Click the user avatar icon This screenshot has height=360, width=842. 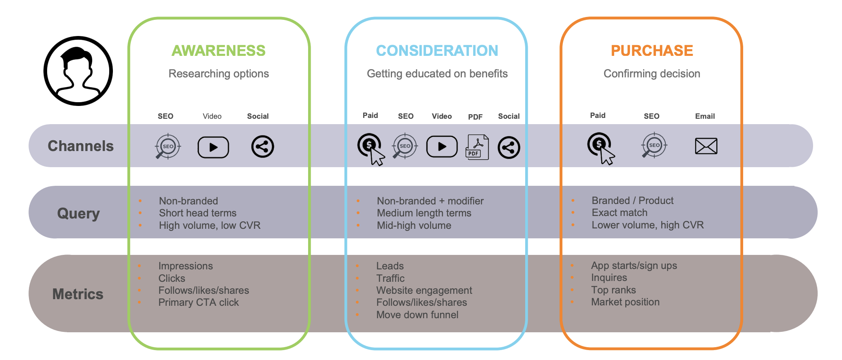coord(78,71)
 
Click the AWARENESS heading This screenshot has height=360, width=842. coord(218,50)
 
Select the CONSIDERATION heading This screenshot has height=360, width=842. coord(437,50)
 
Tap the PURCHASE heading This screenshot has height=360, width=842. coord(652,50)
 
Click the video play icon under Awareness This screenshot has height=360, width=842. coord(213,147)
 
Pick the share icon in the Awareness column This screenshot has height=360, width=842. coord(263,146)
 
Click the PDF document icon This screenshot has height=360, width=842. coord(477,147)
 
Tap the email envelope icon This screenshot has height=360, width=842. coord(706,146)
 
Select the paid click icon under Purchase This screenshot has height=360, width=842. coord(600,147)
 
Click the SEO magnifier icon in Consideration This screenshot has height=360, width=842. coord(405,146)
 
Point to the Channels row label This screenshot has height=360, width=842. coord(81,146)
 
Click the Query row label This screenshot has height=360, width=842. coord(78,214)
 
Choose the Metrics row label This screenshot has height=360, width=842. coord(78,294)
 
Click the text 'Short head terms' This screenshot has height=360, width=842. coord(198,213)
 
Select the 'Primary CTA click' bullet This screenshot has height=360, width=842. coord(199,302)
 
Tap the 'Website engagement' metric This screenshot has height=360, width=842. coord(424,290)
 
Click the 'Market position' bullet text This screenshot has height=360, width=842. coord(625,302)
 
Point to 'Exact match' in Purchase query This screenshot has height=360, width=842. coord(620,213)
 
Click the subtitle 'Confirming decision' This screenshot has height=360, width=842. coord(652,74)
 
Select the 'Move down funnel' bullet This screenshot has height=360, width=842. coord(417,315)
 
